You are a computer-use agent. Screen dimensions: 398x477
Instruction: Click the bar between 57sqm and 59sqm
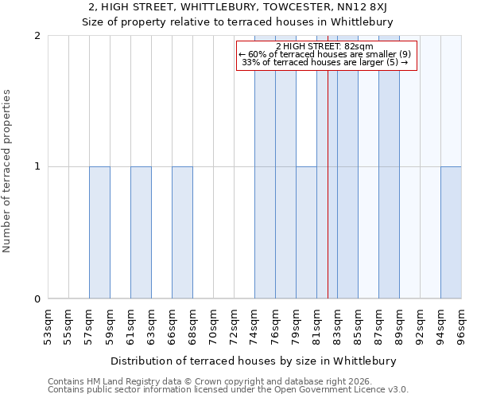pyautogui.click(x=99, y=232)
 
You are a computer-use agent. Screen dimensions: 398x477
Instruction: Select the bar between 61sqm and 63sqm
pyautogui.click(x=141, y=232)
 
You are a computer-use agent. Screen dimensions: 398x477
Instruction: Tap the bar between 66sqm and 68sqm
pyautogui.click(x=182, y=232)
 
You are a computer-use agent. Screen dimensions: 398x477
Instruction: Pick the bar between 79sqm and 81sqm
pyautogui.click(x=306, y=232)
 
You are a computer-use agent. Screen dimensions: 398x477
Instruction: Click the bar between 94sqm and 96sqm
pyautogui.click(x=451, y=232)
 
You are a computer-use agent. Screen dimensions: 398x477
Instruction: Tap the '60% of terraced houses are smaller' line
pyautogui.click(x=325, y=54)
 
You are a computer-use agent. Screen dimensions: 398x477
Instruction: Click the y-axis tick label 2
pyautogui.click(x=37, y=36)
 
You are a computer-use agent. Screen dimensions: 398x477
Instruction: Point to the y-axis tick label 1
pyautogui.click(x=37, y=166)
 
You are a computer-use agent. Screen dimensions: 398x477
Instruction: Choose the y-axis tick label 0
pyautogui.click(x=37, y=298)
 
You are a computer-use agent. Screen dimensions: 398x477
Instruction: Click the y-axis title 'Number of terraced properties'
pyautogui.click(x=7, y=171)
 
